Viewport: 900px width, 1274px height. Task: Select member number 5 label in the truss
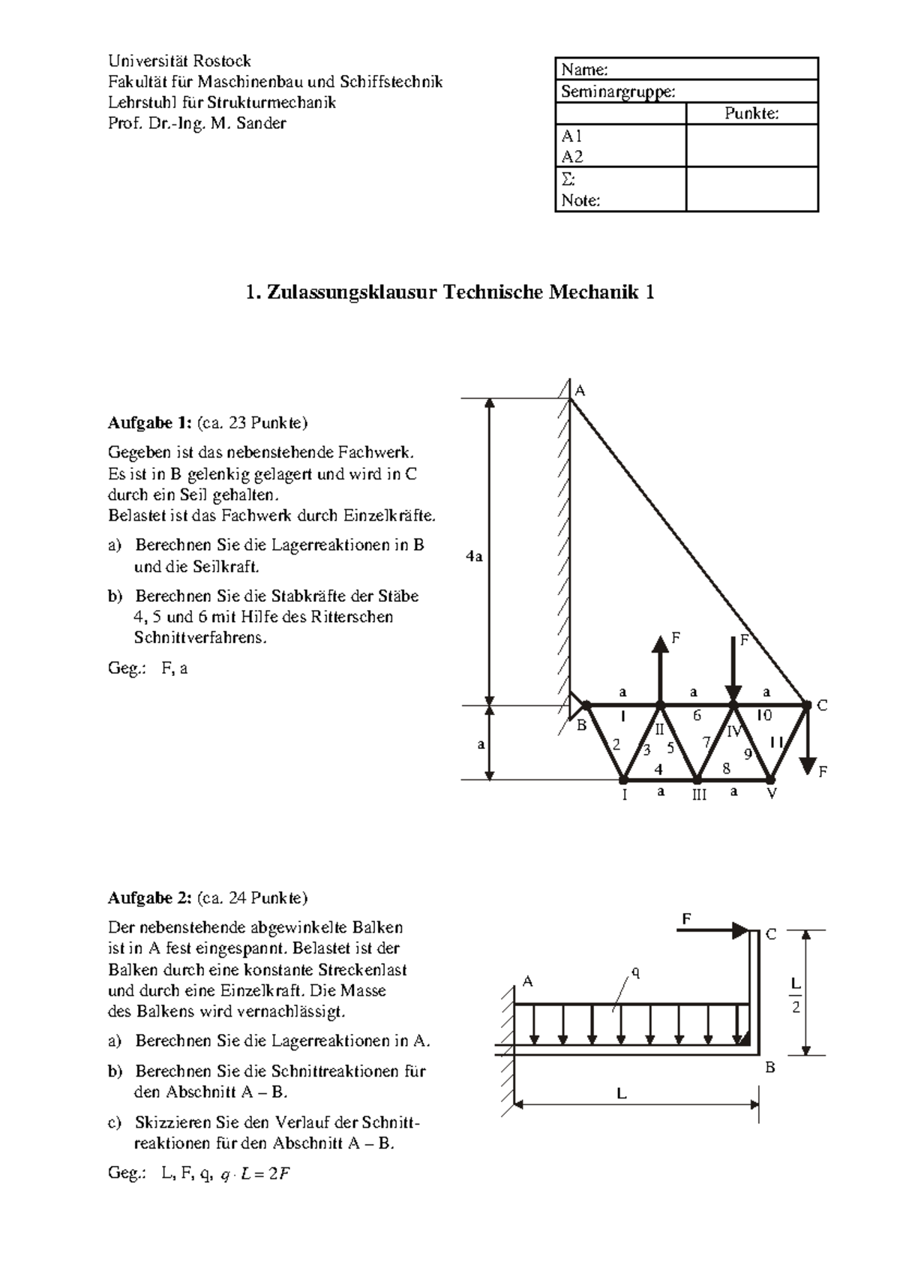(x=670, y=748)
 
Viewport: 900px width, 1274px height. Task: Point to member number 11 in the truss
(x=776, y=742)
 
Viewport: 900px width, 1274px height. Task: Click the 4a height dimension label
(x=473, y=557)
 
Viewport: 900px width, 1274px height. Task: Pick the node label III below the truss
(x=699, y=795)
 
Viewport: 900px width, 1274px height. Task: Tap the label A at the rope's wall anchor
(x=580, y=391)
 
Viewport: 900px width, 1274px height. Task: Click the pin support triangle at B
(x=576, y=705)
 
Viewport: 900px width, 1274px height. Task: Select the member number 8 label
(x=726, y=768)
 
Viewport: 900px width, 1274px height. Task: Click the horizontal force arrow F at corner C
(x=712, y=930)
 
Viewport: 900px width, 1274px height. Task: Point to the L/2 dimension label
(x=796, y=995)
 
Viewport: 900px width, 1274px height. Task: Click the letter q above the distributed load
(x=635, y=973)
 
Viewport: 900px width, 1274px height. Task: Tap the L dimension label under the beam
(x=621, y=1094)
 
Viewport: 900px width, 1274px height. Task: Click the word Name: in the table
(x=584, y=70)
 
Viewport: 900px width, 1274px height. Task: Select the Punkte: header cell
(x=751, y=113)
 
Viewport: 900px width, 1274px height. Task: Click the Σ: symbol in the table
(x=568, y=179)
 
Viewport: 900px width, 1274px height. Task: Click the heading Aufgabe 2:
(x=150, y=898)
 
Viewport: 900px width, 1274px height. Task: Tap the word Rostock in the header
(x=222, y=61)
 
